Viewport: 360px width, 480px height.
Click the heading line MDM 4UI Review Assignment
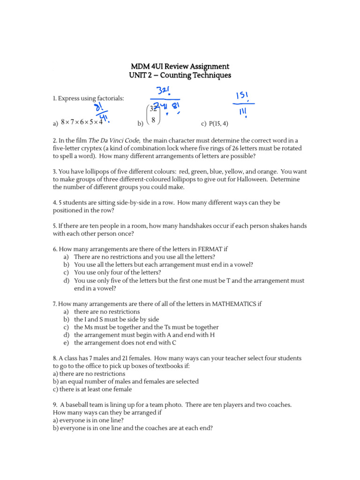pos(180,67)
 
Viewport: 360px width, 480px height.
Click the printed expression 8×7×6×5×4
pos(82,123)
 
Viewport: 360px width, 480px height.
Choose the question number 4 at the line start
pos(54,202)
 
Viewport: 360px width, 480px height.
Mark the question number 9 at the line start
pos(54,404)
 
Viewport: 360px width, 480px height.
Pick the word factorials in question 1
pos(110,98)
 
